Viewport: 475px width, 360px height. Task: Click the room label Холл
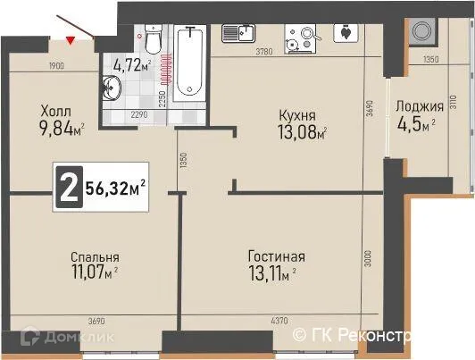(56, 111)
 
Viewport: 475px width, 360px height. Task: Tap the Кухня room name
(296, 115)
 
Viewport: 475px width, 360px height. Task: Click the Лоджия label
(417, 105)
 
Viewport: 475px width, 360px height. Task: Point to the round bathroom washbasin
(114, 88)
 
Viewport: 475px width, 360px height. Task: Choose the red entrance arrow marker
(71, 38)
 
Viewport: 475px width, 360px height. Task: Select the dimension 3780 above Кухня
(264, 54)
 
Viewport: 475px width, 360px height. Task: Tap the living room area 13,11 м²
(273, 274)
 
